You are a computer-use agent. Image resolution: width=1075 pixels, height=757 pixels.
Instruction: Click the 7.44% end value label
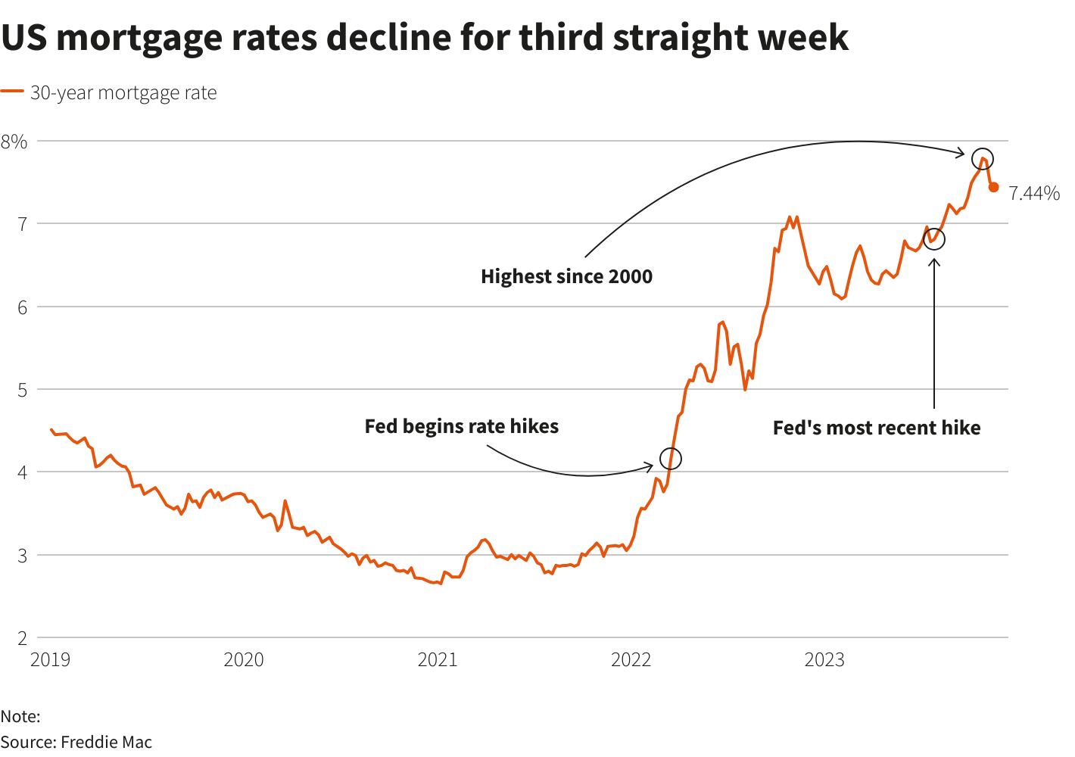(1034, 194)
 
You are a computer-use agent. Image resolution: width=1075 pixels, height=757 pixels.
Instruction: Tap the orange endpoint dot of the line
(994, 187)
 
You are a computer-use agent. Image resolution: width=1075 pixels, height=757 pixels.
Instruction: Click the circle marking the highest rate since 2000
(983, 159)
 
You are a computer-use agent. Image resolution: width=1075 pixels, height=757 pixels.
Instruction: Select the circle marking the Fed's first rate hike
(671, 459)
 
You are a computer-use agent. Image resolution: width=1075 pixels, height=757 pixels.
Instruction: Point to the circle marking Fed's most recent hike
(934, 238)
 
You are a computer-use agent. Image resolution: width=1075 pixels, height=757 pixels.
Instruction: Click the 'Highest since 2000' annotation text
(566, 276)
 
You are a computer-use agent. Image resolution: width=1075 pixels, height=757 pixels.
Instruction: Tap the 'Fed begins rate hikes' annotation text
(462, 426)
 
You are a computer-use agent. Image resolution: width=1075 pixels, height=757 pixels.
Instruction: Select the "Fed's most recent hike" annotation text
(877, 428)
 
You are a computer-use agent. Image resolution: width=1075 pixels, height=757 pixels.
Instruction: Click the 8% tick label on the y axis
(14, 142)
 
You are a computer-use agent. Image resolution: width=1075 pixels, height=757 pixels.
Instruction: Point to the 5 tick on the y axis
(22, 390)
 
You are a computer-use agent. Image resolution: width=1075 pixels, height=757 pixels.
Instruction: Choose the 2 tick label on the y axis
(22, 638)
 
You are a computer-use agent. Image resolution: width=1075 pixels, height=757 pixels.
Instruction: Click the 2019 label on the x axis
(50, 660)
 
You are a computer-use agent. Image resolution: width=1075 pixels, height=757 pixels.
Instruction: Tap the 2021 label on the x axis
(438, 660)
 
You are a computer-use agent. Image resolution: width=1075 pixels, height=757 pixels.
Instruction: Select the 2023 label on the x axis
(824, 660)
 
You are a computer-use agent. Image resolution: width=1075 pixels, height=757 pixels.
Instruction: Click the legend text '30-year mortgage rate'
(123, 93)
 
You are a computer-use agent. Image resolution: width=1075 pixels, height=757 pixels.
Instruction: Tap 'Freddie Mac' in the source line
(106, 742)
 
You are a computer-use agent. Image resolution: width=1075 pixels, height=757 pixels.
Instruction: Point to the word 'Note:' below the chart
(20, 716)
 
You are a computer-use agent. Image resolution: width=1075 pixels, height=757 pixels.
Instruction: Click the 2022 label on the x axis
(631, 660)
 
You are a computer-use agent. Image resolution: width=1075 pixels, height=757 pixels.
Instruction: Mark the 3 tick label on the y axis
(22, 556)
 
